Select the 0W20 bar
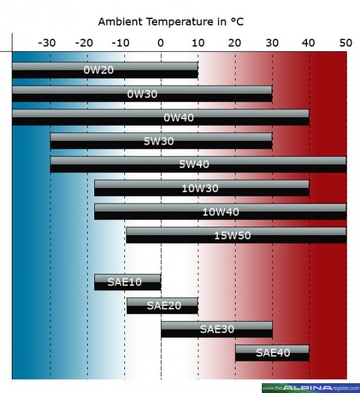click(105, 70)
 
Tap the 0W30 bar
click(142, 94)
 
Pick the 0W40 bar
click(160, 117)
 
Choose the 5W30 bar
click(161, 141)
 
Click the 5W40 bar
click(198, 164)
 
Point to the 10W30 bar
click(202, 188)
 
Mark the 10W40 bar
click(221, 212)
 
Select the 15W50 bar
click(236, 235)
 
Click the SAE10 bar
click(128, 282)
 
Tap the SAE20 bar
click(162, 305)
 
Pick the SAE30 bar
click(217, 329)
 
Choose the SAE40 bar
click(272, 352)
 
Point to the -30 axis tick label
click(46, 43)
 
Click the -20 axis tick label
click(84, 43)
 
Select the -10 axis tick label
click(121, 43)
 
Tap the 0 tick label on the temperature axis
click(161, 43)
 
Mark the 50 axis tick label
click(346, 43)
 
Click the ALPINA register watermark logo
click(310, 387)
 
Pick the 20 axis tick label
click(235, 43)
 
